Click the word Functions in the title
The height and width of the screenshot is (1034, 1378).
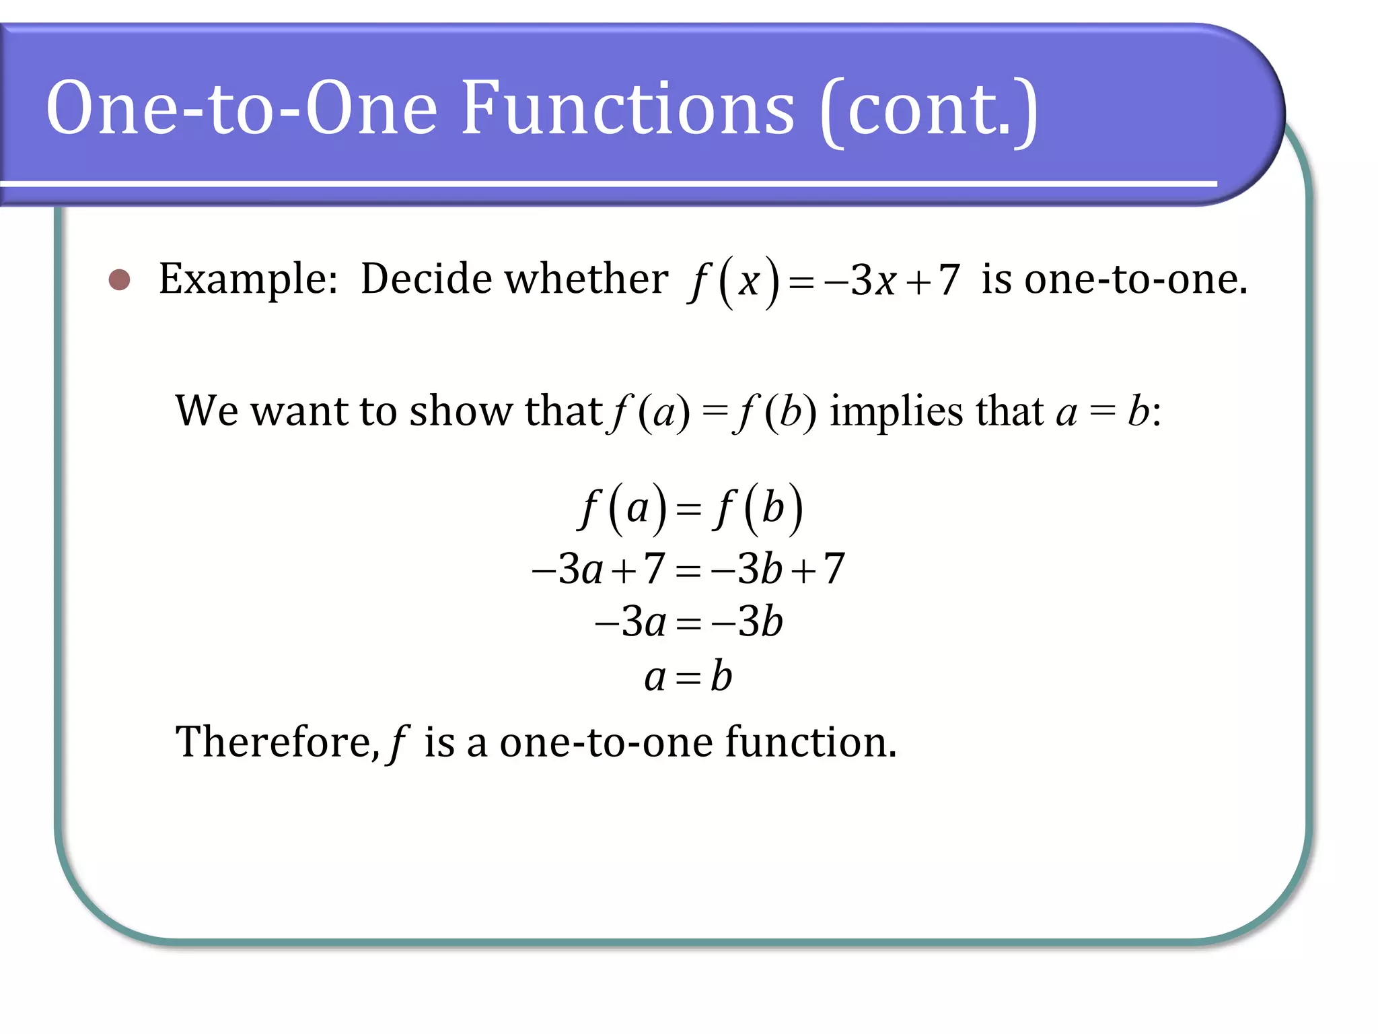click(x=628, y=108)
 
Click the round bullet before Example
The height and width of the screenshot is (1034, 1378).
click(x=120, y=279)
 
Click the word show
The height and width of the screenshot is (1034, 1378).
click(x=461, y=410)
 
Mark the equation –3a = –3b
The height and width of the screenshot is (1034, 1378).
click(x=688, y=621)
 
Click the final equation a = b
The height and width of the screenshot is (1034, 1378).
click(x=688, y=677)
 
